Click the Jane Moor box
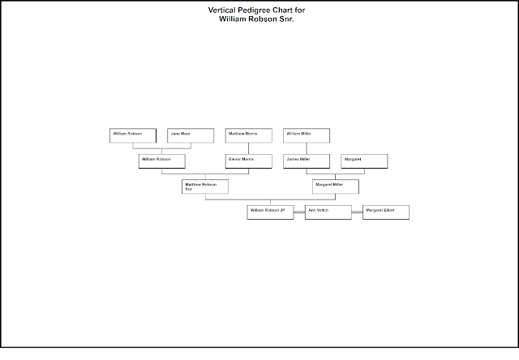point(191,135)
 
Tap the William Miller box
point(306,135)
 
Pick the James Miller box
point(306,161)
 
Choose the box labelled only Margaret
point(363,161)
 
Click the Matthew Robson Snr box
point(204,186)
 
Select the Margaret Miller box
point(335,186)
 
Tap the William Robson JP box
point(269,212)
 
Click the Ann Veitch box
point(328,212)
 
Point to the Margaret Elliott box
point(386,212)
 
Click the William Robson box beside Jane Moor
point(132,135)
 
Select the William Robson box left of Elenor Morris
point(161,161)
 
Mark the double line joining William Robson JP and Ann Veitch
point(298,212)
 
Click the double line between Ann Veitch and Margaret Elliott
point(357,212)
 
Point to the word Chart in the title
point(272,10)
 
